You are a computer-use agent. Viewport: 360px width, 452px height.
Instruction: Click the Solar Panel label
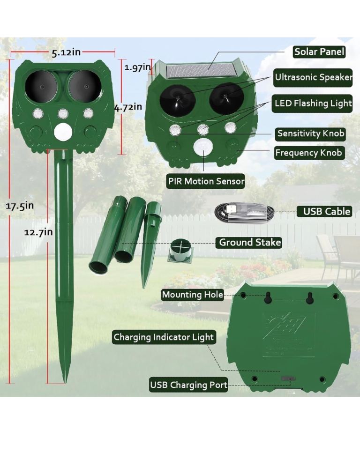coord(319,52)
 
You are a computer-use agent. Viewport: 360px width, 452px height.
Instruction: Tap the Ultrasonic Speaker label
coord(313,77)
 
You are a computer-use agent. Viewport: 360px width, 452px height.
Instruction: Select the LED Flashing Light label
coord(312,103)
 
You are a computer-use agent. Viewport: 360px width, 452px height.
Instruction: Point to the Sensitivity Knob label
coord(310,133)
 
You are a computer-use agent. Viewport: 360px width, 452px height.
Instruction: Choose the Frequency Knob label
coord(308,153)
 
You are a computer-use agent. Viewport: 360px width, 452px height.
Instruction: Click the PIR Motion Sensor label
coord(206,181)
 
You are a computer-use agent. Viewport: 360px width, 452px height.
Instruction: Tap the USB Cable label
coord(324,211)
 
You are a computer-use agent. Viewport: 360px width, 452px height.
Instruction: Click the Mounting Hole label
coord(192,295)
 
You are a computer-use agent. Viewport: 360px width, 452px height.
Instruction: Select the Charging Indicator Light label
coord(164,337)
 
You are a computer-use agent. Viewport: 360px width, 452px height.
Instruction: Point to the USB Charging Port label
coord(188,385)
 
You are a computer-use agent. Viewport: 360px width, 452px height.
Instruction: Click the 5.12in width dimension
coord(66,52)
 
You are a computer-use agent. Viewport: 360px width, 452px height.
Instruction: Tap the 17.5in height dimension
coord(20,206)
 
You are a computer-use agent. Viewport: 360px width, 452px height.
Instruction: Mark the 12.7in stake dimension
coord(38,232)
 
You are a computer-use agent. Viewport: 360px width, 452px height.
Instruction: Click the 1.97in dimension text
coord(138,67)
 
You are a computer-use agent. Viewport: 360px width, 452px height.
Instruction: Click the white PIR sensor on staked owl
coord(63,131)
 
